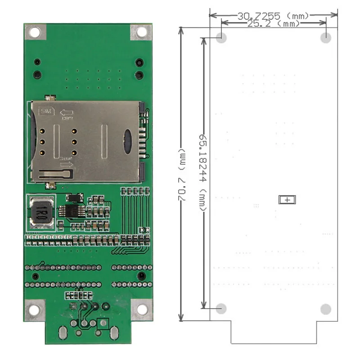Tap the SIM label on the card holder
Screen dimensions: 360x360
coord(46,111)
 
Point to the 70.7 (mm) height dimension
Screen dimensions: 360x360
coord(182,173)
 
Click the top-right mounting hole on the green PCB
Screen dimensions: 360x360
coord(141,32)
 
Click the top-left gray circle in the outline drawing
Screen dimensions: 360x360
coord(221,38)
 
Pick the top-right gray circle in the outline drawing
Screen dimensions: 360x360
coord(326,38)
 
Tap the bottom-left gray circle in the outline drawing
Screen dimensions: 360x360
coord(221,309)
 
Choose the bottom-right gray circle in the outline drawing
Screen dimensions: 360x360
coord(326,309)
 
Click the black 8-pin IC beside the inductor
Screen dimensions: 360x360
coord(71,211)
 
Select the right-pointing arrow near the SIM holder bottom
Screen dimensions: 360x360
coord(67,164)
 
